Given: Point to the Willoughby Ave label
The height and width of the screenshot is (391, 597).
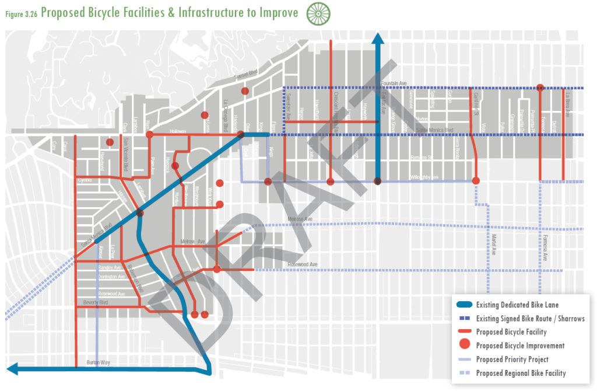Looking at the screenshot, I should pos(422,176).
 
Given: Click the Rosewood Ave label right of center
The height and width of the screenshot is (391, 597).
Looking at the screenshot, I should pos(303,265).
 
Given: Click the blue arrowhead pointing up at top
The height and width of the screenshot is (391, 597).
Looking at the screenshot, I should pos(377,40).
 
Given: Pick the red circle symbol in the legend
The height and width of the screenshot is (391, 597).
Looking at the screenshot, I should pos(464,345).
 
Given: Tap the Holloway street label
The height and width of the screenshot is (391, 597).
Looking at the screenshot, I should pos(177,131).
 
